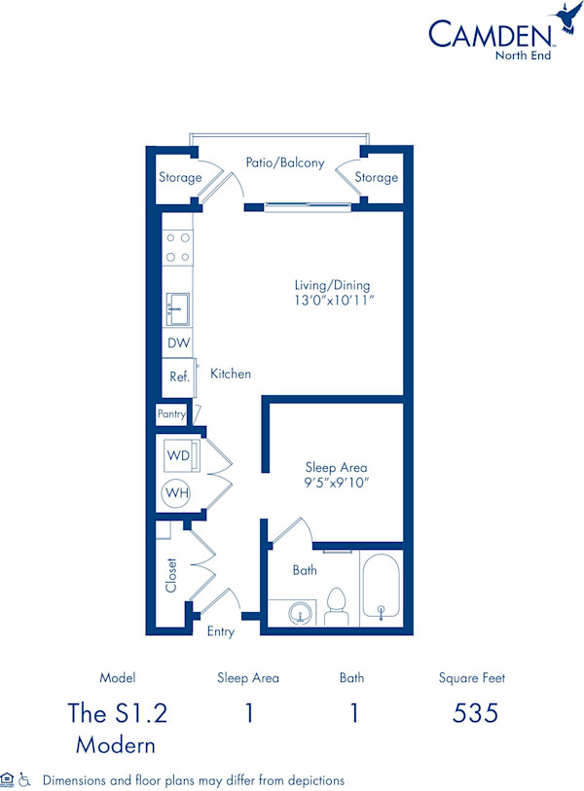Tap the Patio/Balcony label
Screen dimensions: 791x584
(284, 163)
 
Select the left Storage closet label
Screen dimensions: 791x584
(180, 178)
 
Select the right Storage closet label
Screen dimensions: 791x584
(376, 178)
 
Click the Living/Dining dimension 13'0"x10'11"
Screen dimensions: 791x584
(333, 302)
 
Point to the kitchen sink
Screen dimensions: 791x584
(177, 308)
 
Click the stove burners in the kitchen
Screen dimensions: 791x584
(177, 247)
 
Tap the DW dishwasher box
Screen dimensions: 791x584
(178, 343)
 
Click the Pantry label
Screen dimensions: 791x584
(171, 414)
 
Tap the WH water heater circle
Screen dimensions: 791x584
(177, 493)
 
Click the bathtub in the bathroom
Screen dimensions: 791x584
(381, 589)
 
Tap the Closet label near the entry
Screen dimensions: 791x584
(172, 575)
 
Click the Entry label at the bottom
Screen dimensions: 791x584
(221, 631)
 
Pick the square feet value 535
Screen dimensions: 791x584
(476, 713)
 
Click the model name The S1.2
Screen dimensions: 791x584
(118, 713)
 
